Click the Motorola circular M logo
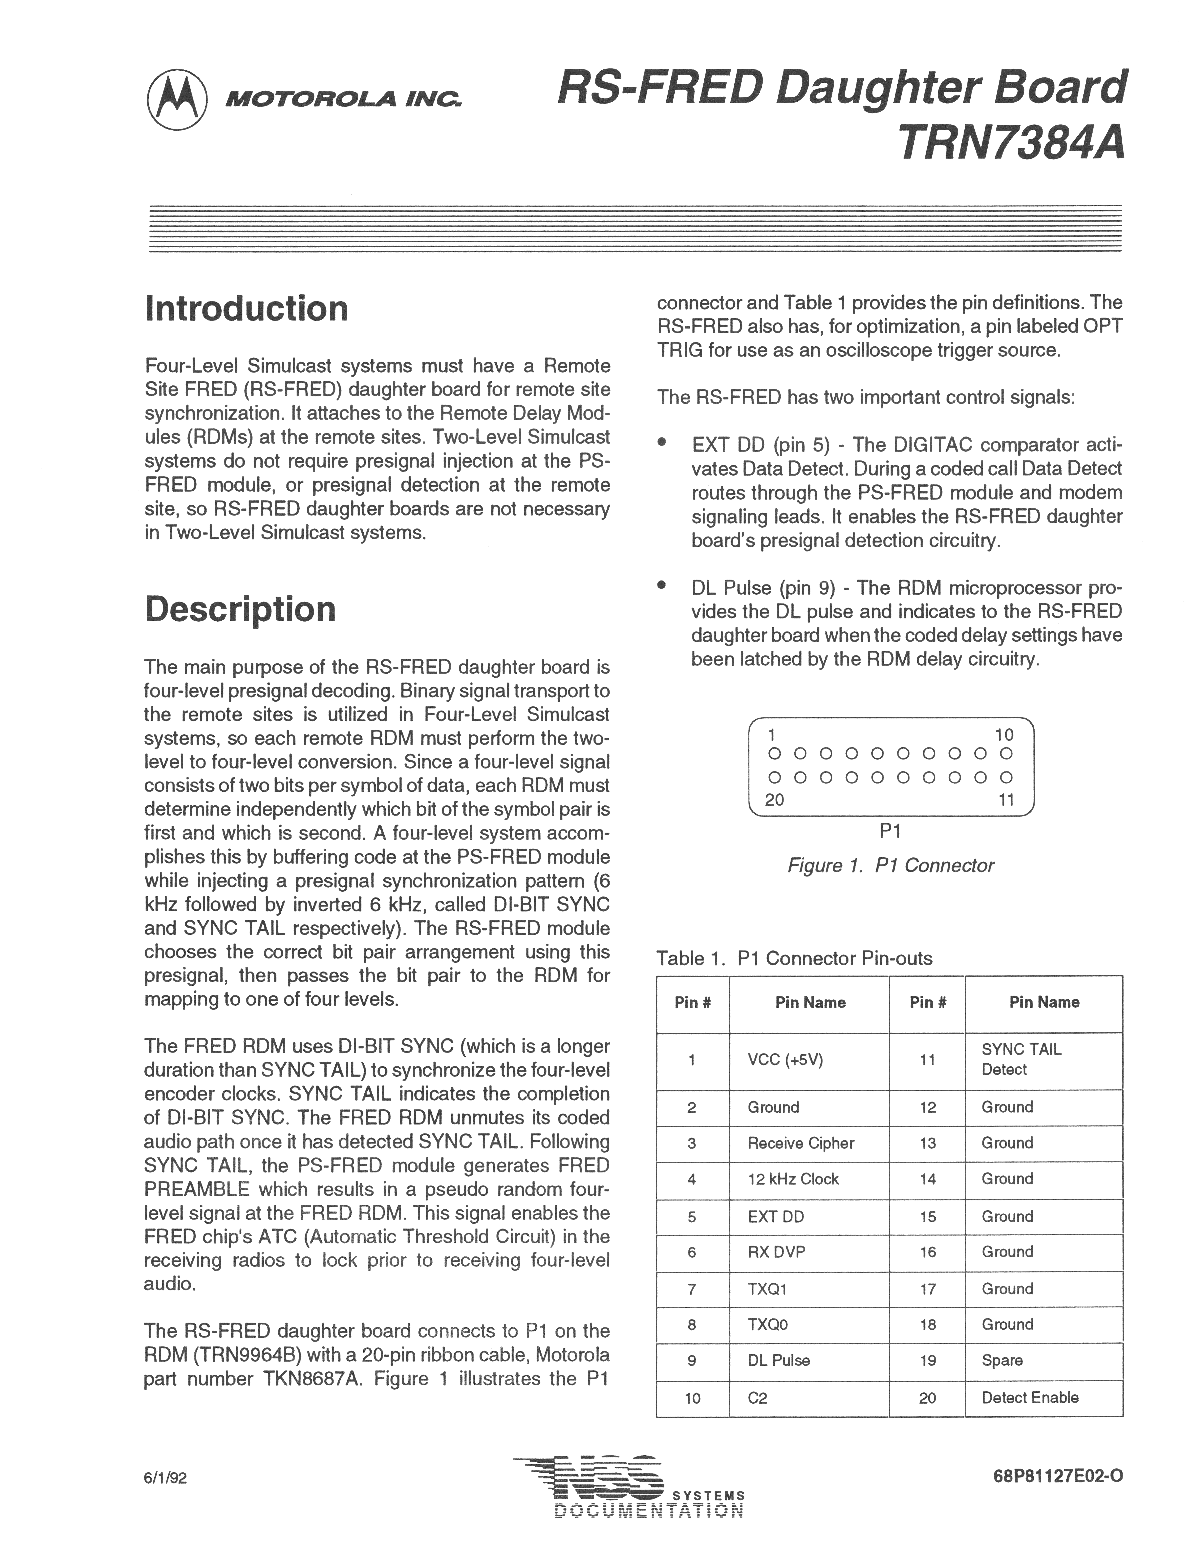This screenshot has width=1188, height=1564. click(177, 100)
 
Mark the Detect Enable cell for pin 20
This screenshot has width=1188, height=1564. click(1030, 1397)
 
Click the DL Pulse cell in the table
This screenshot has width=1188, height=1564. click(779, 1360)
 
